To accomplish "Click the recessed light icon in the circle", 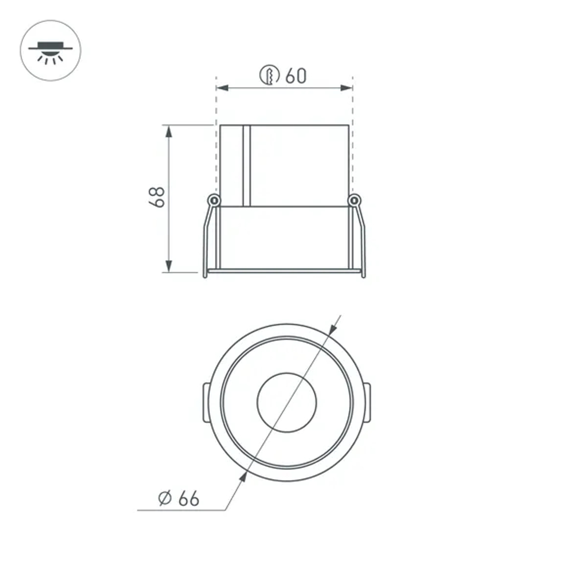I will click(x=50, y=50).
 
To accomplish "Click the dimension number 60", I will click(x=296, y=75).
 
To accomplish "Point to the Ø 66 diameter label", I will click(x=179, y=498).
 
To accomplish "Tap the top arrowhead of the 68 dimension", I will click(x=168, y=131).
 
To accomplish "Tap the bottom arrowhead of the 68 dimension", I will click(x=168, y=266).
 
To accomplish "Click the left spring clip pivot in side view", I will click(x=214, y=200).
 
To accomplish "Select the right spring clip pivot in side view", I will click(x=355, y=200).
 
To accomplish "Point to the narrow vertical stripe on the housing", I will click(x=246, y=165).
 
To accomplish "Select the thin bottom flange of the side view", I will click(x=285, y=270).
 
